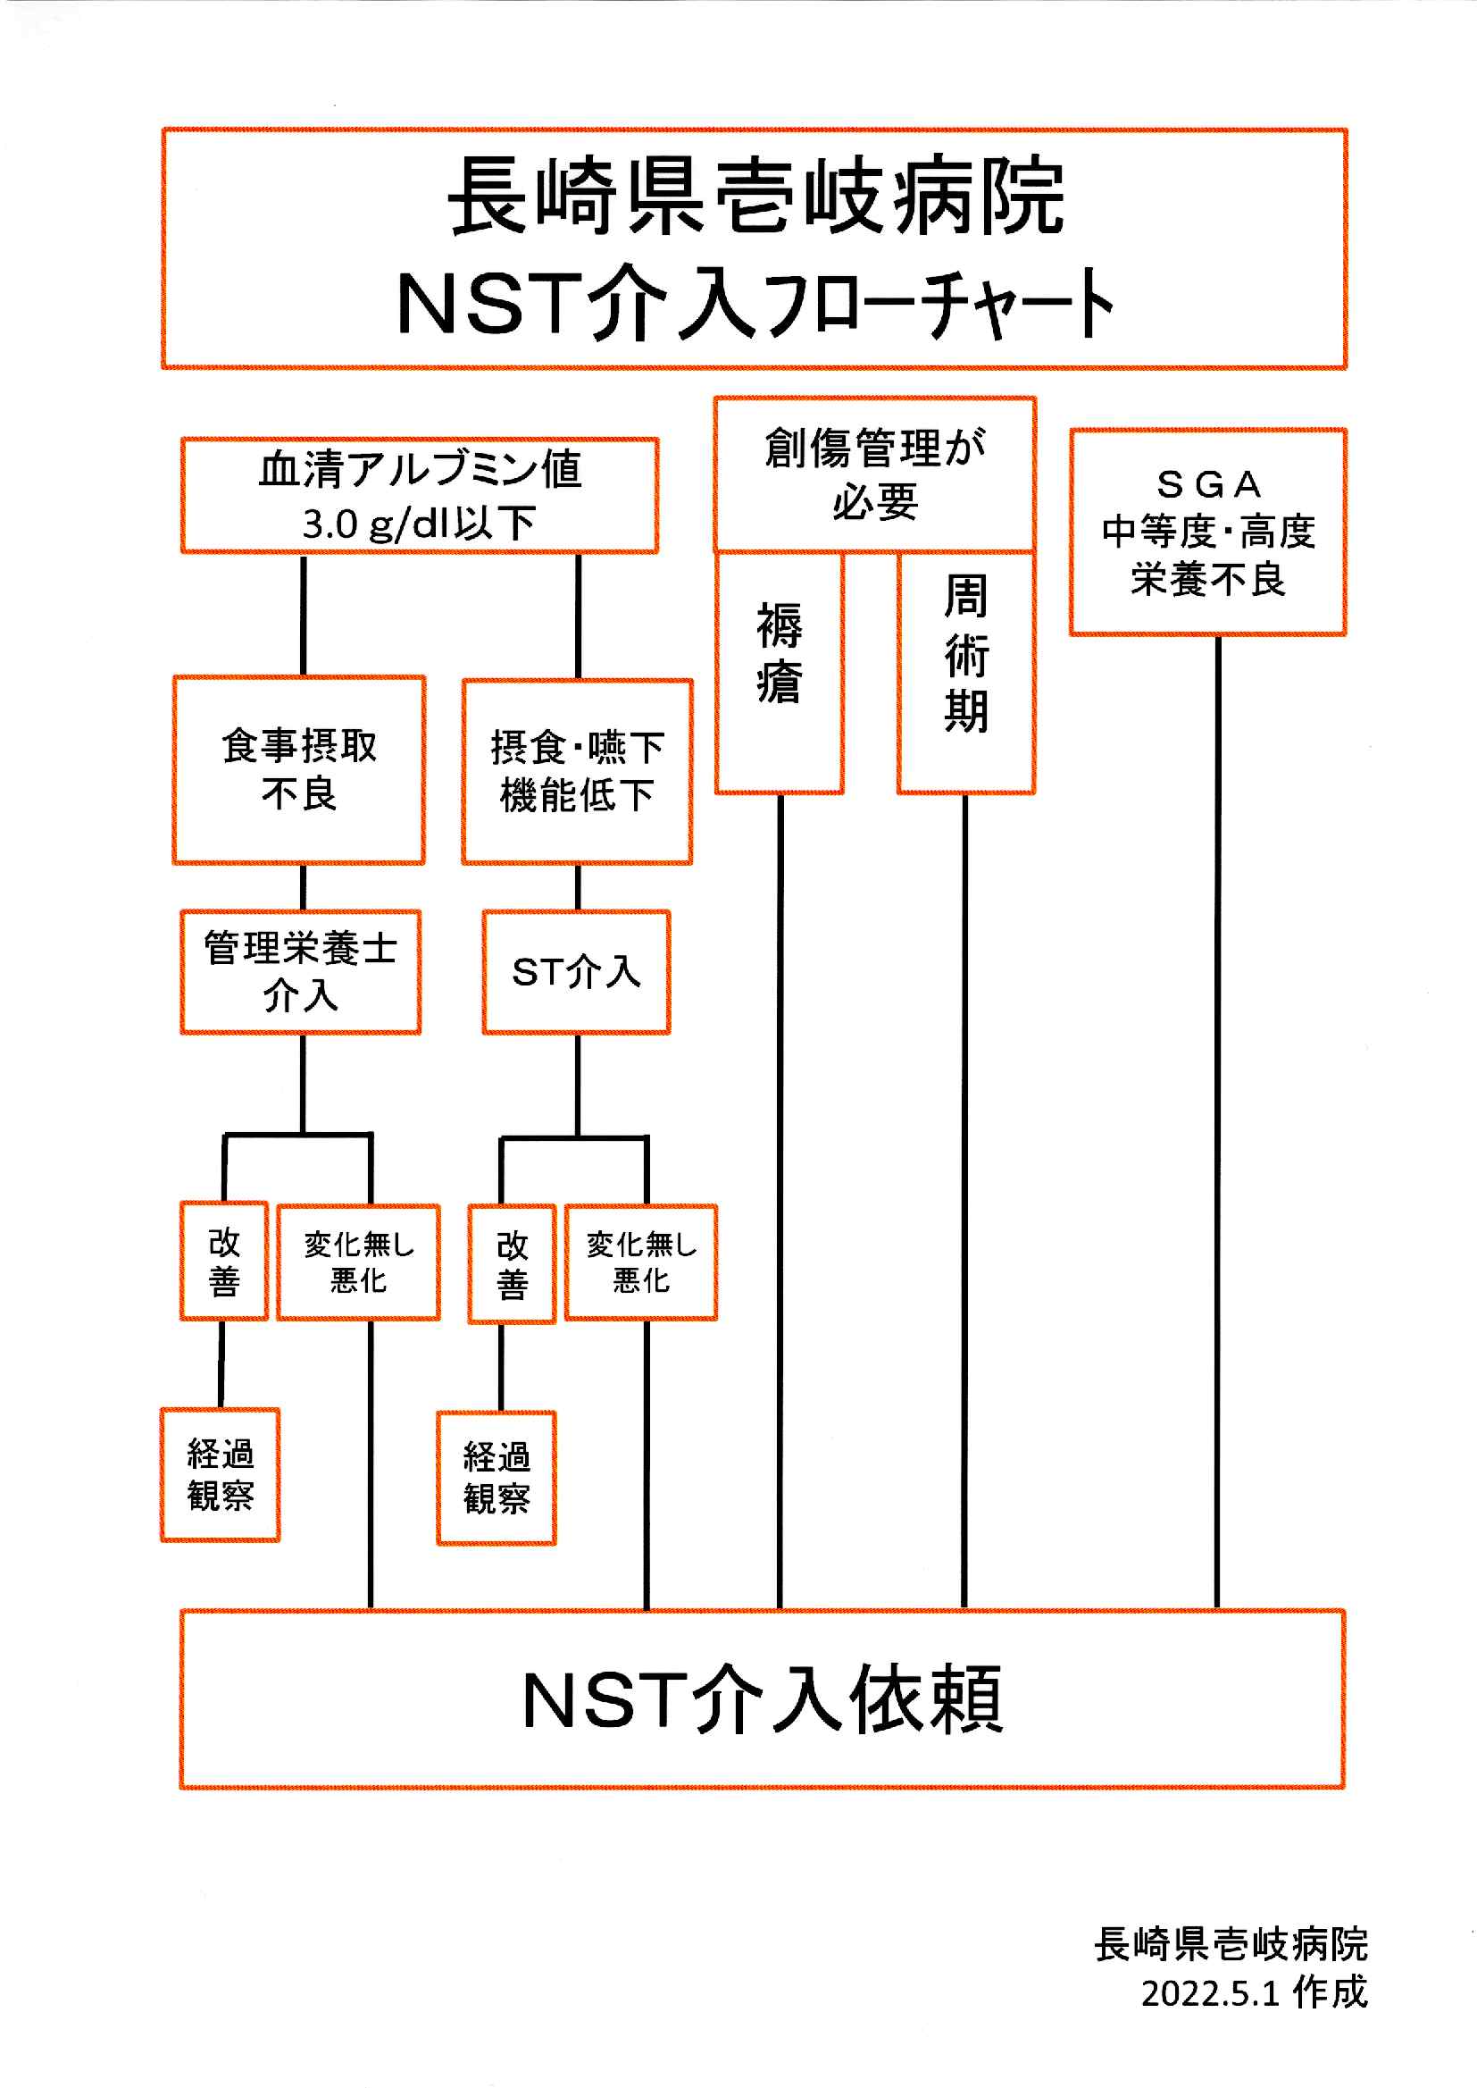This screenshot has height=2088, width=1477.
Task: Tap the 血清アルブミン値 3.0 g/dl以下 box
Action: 420,496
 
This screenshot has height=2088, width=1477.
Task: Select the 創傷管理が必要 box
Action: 874,474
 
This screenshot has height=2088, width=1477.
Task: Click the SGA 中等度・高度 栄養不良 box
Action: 1208,532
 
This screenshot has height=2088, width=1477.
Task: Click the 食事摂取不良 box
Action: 299,769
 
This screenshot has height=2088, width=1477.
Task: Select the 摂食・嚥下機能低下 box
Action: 578,772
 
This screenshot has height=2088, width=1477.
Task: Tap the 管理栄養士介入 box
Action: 300,972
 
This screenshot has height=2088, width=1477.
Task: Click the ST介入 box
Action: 577,972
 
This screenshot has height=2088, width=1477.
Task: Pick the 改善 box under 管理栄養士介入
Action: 224,1261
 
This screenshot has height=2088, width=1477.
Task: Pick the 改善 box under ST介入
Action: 512,1263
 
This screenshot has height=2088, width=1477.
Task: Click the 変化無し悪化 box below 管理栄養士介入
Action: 358,1262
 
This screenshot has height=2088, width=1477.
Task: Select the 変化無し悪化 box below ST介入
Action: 641,1262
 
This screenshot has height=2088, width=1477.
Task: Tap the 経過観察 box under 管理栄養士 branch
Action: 220,1475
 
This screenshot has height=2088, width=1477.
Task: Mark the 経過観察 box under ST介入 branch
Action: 497,1479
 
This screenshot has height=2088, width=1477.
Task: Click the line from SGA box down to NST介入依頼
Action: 1218,1119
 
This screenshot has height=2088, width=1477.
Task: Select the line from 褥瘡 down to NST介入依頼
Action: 780,1201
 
